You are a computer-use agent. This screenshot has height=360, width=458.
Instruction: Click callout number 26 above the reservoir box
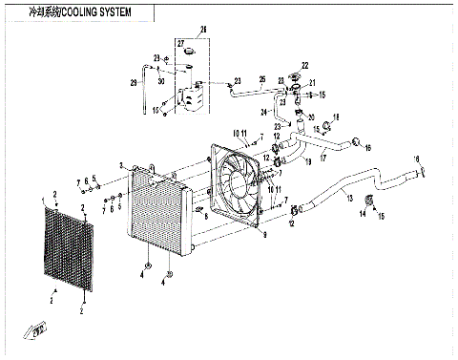coord(201,31)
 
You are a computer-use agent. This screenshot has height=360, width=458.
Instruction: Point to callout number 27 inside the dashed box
coord(178,45)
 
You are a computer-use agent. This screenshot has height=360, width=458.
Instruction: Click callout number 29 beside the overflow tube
coord(135,85)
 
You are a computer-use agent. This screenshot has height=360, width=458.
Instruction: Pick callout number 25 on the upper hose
coord(261,79)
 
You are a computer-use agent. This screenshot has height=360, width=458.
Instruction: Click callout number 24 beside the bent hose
coord(265,112)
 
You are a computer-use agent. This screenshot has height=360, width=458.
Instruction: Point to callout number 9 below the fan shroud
coord(264,232)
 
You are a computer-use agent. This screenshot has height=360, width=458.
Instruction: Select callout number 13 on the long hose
coord(350,198)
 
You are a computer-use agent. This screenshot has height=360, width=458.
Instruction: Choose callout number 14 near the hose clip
coord(362,216)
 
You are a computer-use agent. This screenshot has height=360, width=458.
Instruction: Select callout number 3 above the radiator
coord(122,165)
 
